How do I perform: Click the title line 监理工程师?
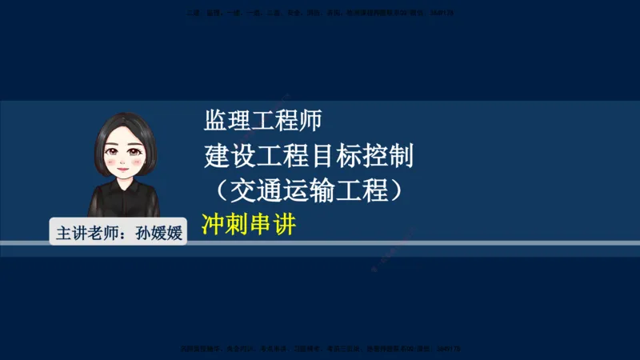pos(263,121)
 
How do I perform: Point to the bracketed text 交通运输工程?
pos(308,190)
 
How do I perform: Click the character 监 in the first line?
pos(215,121)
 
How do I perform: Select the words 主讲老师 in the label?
pos(86,234)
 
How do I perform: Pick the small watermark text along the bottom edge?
pos(320,350)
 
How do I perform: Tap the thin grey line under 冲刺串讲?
pos(400,242)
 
